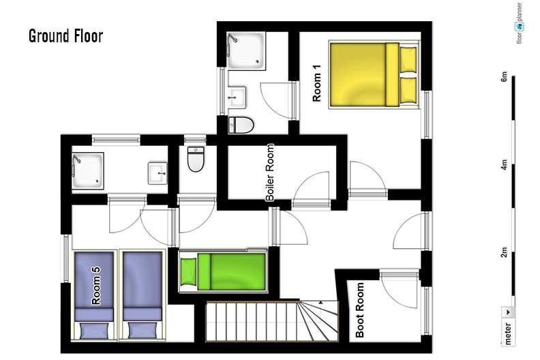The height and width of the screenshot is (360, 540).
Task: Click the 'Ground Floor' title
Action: [x=65, y=36]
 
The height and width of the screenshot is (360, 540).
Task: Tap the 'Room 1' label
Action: [x=316, y=83]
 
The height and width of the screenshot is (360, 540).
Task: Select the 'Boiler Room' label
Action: [x=270, y=172]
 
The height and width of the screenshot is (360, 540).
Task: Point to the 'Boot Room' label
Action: [x=359, y=310]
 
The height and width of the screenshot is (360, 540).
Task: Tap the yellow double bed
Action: [x=374, y=74]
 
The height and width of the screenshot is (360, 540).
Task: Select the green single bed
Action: [x=223, y=271]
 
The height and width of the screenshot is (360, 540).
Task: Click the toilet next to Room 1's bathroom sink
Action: [x=241, y=125]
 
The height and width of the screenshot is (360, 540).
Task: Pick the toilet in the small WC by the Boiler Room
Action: [x=196, y=159]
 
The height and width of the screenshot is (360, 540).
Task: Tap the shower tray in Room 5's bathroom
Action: [x=88, y=170]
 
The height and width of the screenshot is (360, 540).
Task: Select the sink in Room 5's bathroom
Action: [x=157, y=173]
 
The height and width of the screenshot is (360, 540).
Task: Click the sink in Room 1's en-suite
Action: [x=237, y=97]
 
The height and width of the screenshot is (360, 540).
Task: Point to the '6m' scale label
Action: [x=504, y=76]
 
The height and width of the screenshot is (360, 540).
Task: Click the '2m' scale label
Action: [x=504, y=252]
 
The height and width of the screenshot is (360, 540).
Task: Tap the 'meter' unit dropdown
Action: [x=508, y=325]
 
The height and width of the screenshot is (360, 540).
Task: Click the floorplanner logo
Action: [x=520, y=23]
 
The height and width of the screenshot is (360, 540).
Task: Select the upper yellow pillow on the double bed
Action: [x=408, y=60]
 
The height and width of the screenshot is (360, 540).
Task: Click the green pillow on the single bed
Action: [x=188, y=271]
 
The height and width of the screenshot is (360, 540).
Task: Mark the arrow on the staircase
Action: [x=320, y=302]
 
